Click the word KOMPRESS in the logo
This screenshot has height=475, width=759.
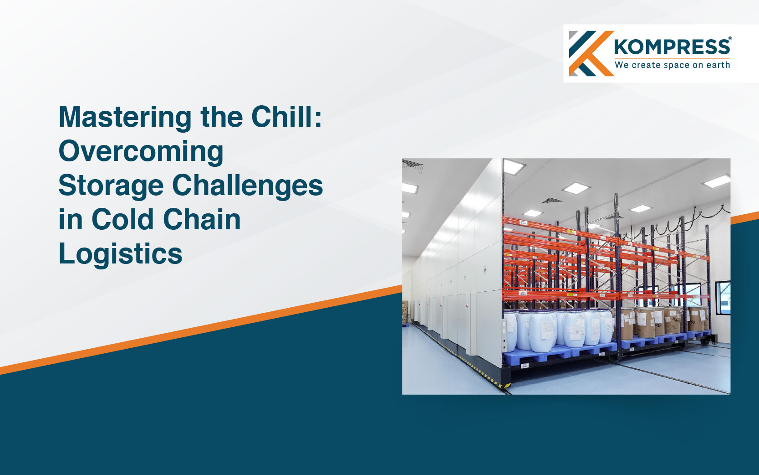672,47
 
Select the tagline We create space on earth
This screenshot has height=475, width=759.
672,65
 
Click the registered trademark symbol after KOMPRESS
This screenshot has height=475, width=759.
730,39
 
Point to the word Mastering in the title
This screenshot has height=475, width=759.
125,118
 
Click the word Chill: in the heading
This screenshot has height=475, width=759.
286,117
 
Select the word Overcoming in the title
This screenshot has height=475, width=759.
141,152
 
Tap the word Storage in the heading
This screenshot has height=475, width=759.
111,186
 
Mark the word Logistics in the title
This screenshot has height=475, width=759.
120,254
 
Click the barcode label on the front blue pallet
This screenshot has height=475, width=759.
524,366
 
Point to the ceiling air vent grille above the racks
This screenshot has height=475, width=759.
551,201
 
